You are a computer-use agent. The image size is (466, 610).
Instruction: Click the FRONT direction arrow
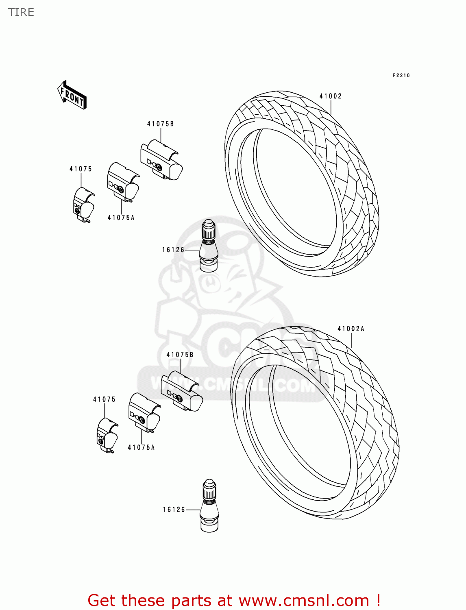coord(72,95)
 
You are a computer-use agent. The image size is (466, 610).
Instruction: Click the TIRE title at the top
coord(21,12)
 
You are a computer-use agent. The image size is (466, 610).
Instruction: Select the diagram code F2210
coord(401,75)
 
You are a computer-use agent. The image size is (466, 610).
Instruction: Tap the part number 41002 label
coord(330,96)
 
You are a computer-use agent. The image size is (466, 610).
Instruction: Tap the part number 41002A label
coord(351,329)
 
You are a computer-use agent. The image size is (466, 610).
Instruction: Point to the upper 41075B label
coord(160,124)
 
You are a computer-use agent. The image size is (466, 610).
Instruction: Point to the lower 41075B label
coord(180,355)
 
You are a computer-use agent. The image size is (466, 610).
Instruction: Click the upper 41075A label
coord(121,218)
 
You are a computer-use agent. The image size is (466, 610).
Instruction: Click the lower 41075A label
coord(141,447)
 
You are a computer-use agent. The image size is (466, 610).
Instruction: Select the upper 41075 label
coord(81,169)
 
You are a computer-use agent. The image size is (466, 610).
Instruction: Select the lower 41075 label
coord(104,399)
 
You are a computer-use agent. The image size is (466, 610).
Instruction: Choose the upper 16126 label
coord(173,250)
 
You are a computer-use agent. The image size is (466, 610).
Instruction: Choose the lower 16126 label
coord(174,510)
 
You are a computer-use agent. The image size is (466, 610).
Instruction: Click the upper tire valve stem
coord(208,246)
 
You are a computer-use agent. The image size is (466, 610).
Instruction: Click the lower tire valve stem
coord(209,506)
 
